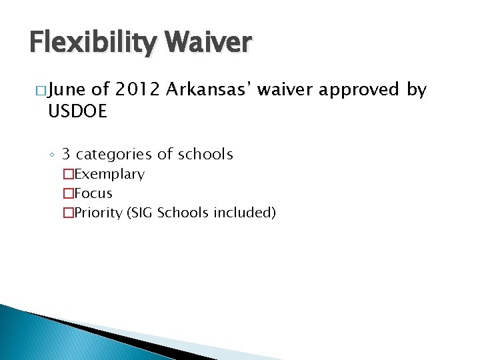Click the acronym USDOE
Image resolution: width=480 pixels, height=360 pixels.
point(77,112)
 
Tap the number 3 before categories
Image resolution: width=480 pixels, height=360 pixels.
point(66,155)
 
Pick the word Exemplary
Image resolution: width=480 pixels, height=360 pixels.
point(109,175)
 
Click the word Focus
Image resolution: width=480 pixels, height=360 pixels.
point(93,194)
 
